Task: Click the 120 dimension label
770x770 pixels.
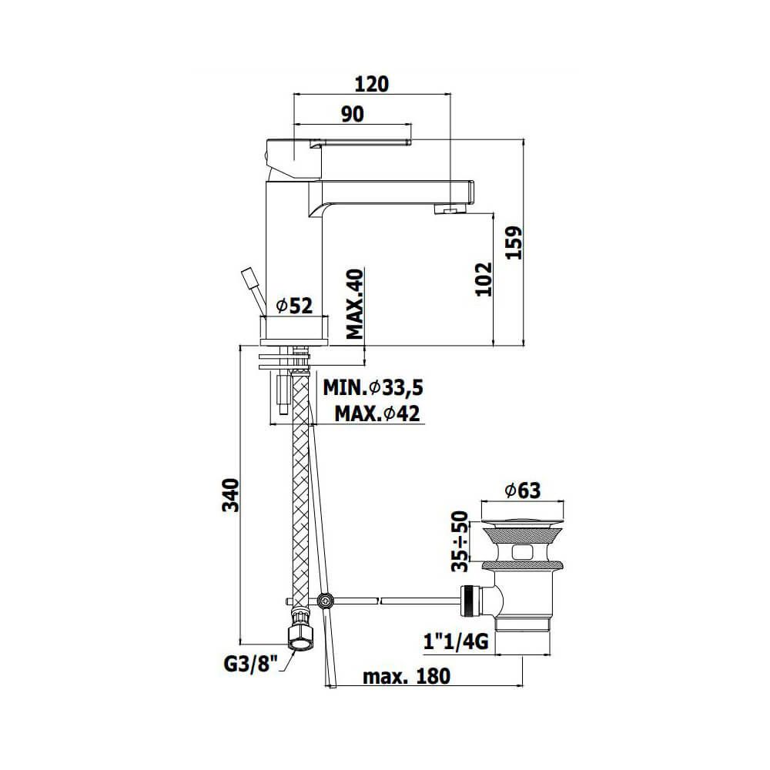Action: (x=371, y=84)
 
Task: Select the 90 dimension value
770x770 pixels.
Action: (x=353, y=114)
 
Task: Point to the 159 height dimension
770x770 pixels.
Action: (x=514, y=243)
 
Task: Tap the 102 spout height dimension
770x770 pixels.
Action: (x=484, y=279)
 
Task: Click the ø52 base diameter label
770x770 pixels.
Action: (x=294, y=306)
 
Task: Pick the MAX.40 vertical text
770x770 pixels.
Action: (x=354, y=304)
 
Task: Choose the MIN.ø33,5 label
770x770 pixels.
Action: (x=373, y=388)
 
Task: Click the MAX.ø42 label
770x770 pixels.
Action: (x=377, y=413)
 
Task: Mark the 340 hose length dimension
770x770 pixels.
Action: (x=230, y=494)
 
